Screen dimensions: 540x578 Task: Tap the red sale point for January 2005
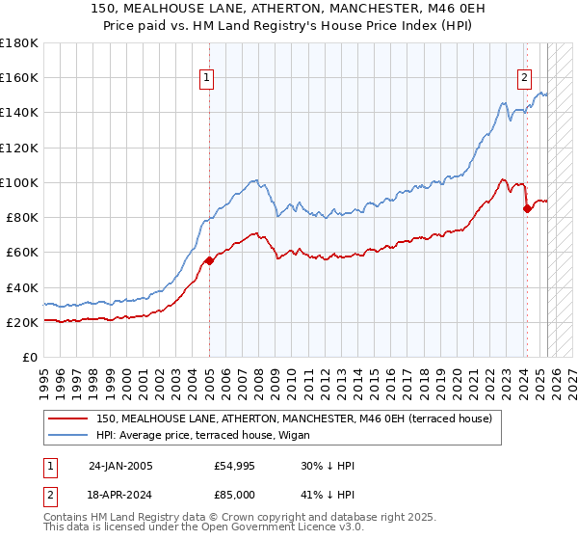[209, 260]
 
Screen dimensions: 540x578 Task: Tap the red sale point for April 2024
[526, 207]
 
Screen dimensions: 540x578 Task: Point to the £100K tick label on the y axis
[19, 182]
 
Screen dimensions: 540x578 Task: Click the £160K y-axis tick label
[19, 77]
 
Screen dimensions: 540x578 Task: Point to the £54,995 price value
[235, 466]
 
